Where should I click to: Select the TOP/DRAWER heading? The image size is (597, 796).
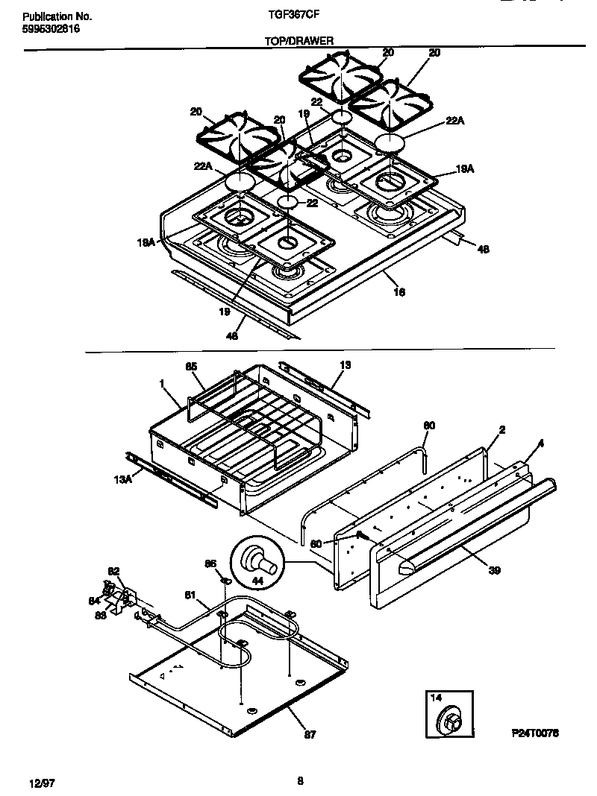(x=298, y=42)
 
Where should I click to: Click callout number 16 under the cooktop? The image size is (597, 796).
(x=399, y=293)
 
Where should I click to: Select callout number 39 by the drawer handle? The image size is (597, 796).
(x=494, y=571)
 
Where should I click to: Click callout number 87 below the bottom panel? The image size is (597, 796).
(x=310, y=734)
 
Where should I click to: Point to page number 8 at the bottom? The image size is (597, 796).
(x=300, y=780)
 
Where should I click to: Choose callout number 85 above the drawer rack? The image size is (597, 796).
(x=191, y=367)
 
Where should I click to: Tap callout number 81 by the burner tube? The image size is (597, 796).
(x=190, y=595)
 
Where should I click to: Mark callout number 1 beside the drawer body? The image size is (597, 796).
(x=161, y=382)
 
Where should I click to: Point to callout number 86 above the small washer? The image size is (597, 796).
(x=210, y=563)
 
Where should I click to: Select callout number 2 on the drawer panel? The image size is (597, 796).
(x=502, y=431)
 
